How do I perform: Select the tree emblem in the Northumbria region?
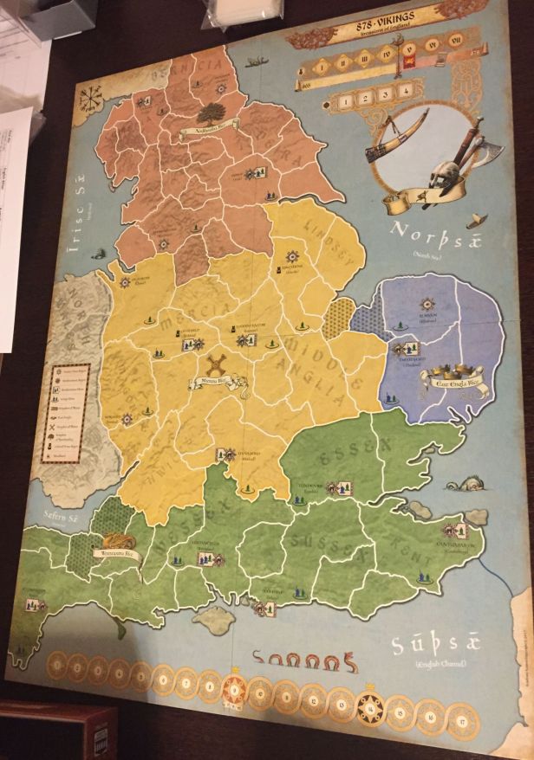210,113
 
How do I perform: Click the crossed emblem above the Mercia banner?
217,364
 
